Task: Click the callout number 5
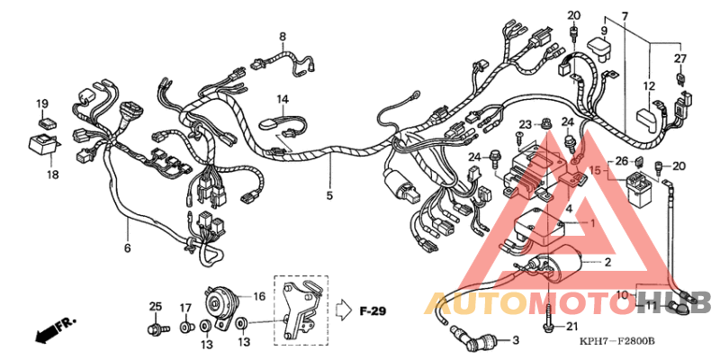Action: [x=329, y=195]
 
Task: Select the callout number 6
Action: [x=127, y=247]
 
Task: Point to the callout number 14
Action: [x=282, y=98]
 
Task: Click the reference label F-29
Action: [x=372, y=311]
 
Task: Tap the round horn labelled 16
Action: [x=220, y=300]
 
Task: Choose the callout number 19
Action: [x=41, y=103]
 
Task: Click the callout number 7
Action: [x=625, y=16]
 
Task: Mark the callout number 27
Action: [x=680, y=58]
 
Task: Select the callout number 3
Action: [x=516, y=340]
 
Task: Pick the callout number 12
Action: [x=648, y=86]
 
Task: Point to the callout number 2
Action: [x=607, y=262]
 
